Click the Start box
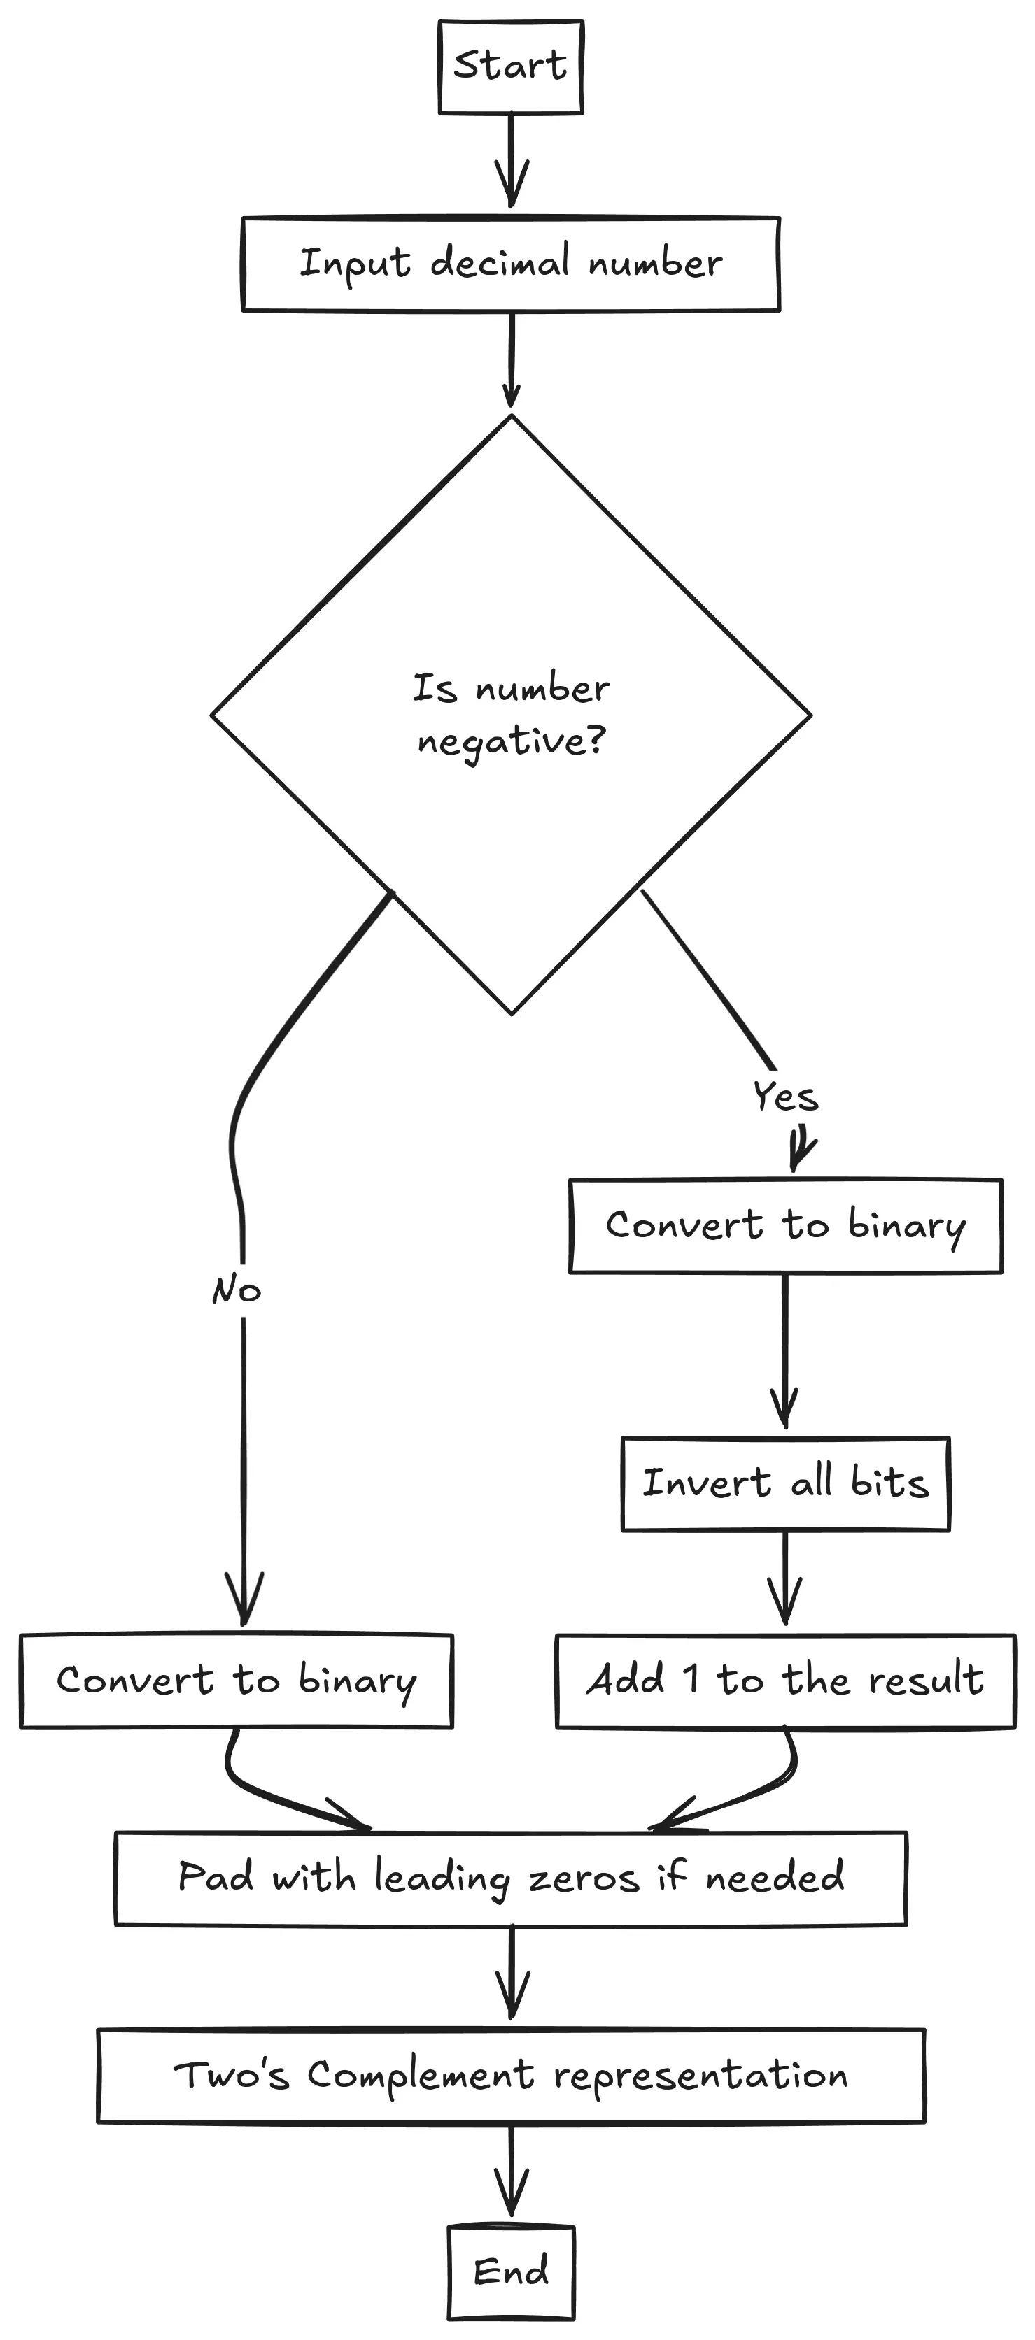511,67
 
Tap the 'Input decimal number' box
511,264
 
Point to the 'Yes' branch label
786,1097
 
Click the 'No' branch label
237,1290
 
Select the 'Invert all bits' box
785,1484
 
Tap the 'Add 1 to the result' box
785,1681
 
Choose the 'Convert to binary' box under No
237,1681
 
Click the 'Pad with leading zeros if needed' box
511,1878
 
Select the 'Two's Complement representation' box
511,2076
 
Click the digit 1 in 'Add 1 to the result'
691,1680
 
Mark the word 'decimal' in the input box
500,262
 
